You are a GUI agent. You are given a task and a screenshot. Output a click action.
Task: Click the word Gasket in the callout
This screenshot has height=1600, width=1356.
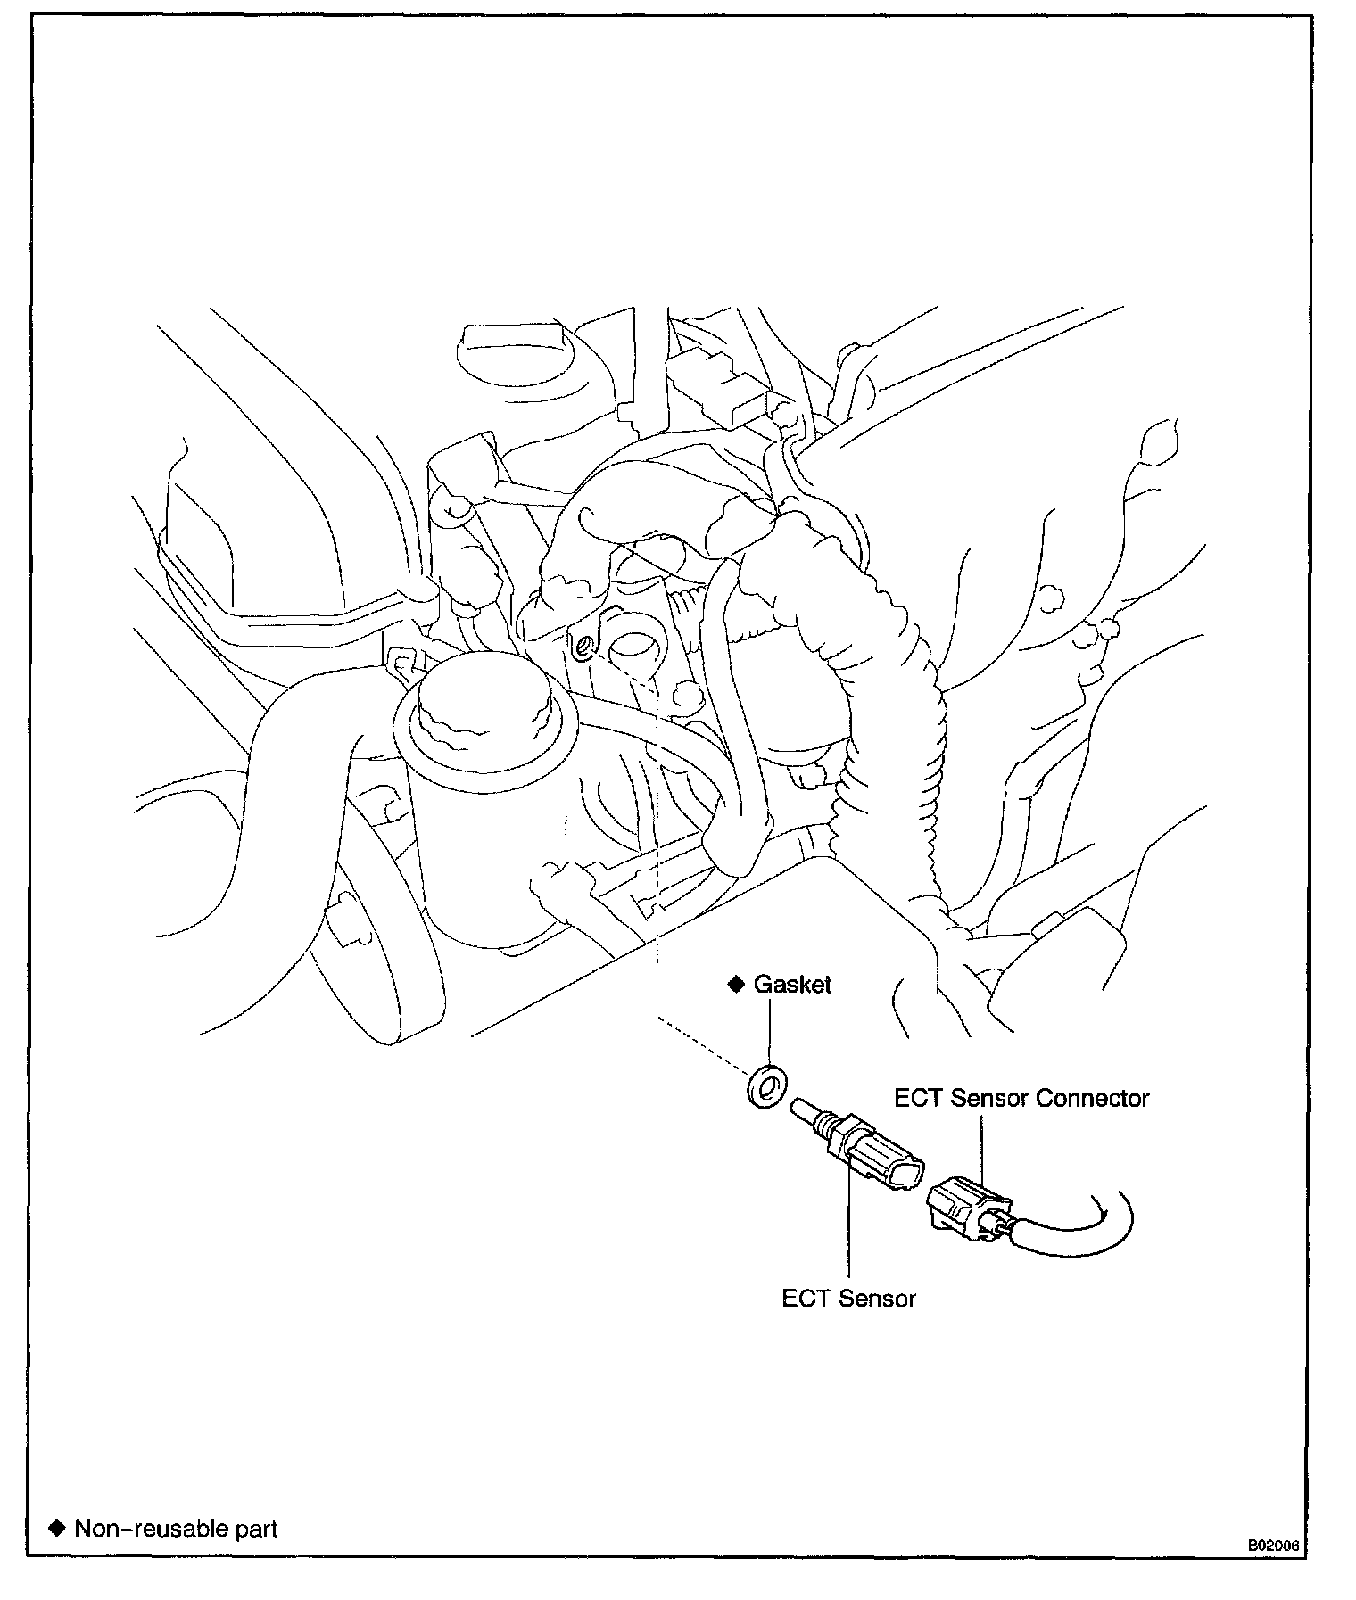click(x=792, y=985)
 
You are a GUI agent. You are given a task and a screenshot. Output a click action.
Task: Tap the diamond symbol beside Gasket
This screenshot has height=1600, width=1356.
click(x=737, y=984)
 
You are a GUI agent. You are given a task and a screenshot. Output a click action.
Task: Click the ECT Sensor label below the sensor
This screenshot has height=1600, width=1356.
click(x=848, y=1299)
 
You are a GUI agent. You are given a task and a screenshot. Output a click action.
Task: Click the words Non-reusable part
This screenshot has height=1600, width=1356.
click(x=176, y=1529)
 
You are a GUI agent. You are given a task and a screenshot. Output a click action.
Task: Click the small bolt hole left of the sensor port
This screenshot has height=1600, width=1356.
click(x=581, y=645)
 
